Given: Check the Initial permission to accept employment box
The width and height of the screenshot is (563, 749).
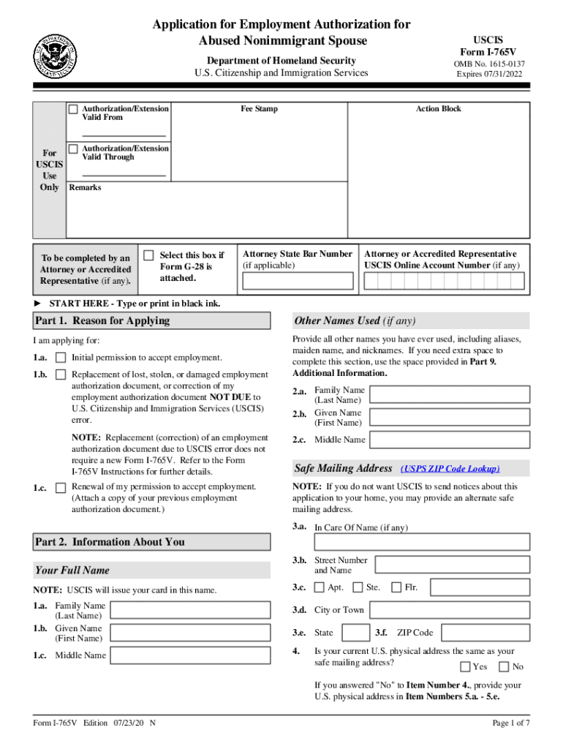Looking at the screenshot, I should pyautogui.click(x=61, y=358).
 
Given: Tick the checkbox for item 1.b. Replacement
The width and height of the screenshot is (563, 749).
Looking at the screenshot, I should pyautogui.click(x=61, y=375).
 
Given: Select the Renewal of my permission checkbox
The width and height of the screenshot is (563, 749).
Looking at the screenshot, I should pyautogui.click(x=61, y=487).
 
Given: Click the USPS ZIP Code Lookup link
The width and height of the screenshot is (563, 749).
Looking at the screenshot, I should pyautogui.click(x=450, y=469).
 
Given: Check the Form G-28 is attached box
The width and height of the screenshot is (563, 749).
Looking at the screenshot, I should pyautogui.click(x=149, y=255).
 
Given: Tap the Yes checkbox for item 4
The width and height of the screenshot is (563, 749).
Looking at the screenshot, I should pyautogui.click(x=465, y=667).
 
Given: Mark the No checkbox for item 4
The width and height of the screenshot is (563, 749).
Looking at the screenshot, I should pyautogui.click(x=504, y=667).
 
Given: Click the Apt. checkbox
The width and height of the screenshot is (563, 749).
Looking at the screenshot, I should pyautogui.click(x=320, y=587).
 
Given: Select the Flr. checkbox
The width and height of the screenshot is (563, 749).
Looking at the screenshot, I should pyautogui.click(x=396, y=587).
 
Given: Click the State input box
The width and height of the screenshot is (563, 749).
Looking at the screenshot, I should pyautogui.click(x=355, y=633).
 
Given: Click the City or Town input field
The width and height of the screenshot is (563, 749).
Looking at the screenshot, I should pyautogui.click(x=450, y=610).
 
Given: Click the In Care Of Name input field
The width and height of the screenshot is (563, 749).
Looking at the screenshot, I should pyautogui.click(x=422, y=542).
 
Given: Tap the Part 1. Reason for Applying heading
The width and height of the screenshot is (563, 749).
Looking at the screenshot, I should pyautogui.click(x=102, y=321).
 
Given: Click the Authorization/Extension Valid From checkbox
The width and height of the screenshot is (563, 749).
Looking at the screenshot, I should pyautogui.click(x=73, y=109).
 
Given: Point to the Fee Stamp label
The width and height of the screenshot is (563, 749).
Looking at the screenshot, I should pyautogui.click(x=260, y=109).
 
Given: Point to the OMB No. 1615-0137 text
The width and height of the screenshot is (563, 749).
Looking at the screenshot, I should pyautogui.click(x=488, y=64).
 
